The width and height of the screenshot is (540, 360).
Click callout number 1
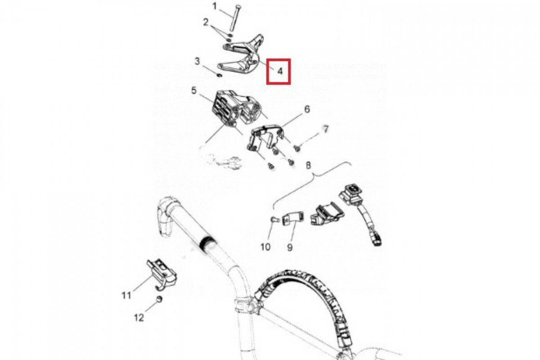coord(215,6)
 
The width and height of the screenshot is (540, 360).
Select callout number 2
coord(206,22)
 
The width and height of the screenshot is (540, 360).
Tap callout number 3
coord(198,61)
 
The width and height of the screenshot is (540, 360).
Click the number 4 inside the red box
coord(280,71)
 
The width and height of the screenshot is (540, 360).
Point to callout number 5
coord(194,91)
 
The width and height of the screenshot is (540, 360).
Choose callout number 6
coord(307,109)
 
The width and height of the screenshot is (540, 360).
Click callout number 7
coord(326,129)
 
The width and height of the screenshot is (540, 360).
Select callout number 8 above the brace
coord(308,166)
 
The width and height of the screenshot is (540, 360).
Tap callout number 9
coord(290,247)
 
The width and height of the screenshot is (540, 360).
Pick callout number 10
coord(265,247)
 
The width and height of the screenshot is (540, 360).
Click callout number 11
coord(126,295)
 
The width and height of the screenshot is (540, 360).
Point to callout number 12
coord(139,318)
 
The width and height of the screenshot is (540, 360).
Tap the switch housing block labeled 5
coord(238,108)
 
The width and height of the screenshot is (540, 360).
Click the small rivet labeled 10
coord(275,220)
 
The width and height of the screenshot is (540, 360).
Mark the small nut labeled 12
coord(159,299)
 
